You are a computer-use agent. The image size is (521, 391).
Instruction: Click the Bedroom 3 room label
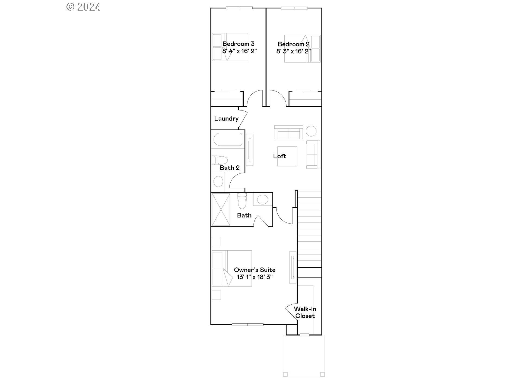[238, 44]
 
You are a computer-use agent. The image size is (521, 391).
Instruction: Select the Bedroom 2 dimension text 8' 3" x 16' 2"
[293, 51]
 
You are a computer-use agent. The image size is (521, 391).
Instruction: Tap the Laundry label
[226, 119]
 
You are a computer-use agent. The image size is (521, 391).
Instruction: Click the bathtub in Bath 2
[228, 140]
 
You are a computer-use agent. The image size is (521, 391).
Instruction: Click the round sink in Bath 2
[218, 181]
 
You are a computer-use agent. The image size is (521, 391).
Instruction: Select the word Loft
[279, 156]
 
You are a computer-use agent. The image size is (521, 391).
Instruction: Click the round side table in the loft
[311, 131]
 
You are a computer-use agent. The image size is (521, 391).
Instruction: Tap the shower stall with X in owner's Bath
[221, 209]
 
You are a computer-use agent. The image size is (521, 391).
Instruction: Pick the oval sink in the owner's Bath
[262, 200]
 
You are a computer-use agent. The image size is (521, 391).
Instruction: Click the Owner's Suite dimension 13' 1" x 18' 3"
[255, 277]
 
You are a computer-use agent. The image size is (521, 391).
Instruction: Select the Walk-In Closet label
[305, 312]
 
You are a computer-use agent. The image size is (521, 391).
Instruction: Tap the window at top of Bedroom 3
[239, 8]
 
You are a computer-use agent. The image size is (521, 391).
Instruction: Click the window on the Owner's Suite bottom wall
[247, 324]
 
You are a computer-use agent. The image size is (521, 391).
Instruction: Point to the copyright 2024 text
[83, 7]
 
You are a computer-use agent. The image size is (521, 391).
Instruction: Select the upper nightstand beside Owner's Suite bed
[216, 241]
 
